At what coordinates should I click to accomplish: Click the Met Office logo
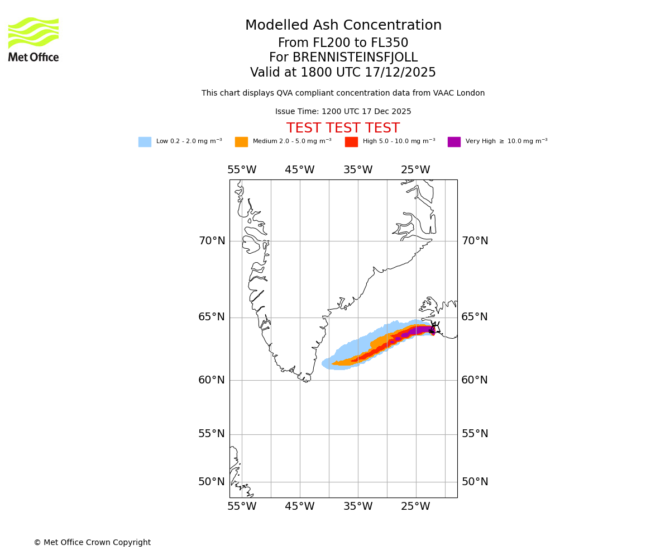33,39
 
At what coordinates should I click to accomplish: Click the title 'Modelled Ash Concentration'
343,26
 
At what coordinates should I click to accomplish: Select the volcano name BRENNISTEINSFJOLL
343,58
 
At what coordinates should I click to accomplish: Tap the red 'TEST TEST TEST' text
343,129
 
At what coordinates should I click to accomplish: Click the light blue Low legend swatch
145,142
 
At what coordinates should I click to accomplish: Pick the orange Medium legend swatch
241,142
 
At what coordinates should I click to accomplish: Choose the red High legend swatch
351,142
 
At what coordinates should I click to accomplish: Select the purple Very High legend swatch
454,142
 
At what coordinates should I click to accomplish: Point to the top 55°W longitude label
242,170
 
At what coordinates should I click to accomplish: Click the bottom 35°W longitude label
358,507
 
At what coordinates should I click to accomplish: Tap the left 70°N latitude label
212,241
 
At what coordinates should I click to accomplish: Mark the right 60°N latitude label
475,380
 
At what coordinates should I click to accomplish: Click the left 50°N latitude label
212,482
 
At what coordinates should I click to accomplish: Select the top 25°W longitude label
415,170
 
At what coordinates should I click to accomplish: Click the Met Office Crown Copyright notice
92,543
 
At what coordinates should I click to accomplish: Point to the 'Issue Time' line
343,112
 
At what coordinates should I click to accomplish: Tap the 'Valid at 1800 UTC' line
343,73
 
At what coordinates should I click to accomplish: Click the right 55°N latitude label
475,434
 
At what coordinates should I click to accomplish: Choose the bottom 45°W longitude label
300,507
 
